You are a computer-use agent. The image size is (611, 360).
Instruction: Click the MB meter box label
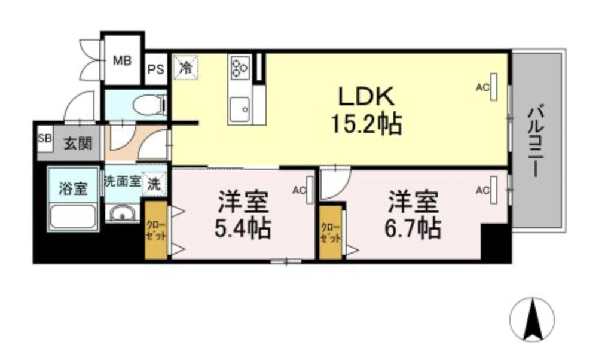(123, 60)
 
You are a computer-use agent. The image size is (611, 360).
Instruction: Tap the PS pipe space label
(155, 68)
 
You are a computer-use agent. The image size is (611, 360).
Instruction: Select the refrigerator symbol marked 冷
(185, 66)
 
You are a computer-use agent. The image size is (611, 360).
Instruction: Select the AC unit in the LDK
(495, 86)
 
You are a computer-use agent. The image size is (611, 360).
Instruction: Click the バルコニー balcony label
(536, 140)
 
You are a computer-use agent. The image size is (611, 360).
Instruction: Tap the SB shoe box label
(44, 138)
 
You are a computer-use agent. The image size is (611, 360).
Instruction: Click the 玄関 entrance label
(78, 144)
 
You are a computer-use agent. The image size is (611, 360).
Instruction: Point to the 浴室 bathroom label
(73, 188)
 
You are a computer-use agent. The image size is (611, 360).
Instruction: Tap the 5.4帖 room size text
(243, 228)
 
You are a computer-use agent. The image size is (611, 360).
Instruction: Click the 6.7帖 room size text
(414, 228)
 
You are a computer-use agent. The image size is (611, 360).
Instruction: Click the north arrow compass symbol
(531, 319)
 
